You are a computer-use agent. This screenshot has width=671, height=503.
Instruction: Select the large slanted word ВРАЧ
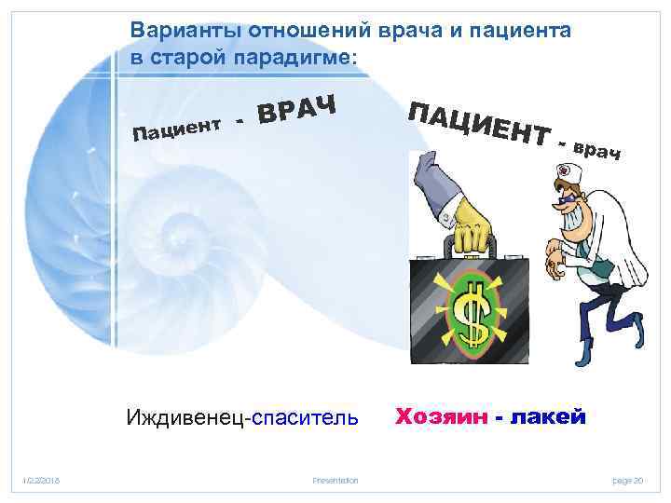pyautogui.click(x=297, y=106)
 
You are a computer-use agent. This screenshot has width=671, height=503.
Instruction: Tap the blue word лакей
pyautogui.click(x=549, y=416)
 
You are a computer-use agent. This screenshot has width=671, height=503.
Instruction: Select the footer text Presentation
pyautogui.click(x=336, y=480)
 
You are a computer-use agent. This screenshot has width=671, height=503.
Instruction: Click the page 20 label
pyautogui.click(x=628, y=480)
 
